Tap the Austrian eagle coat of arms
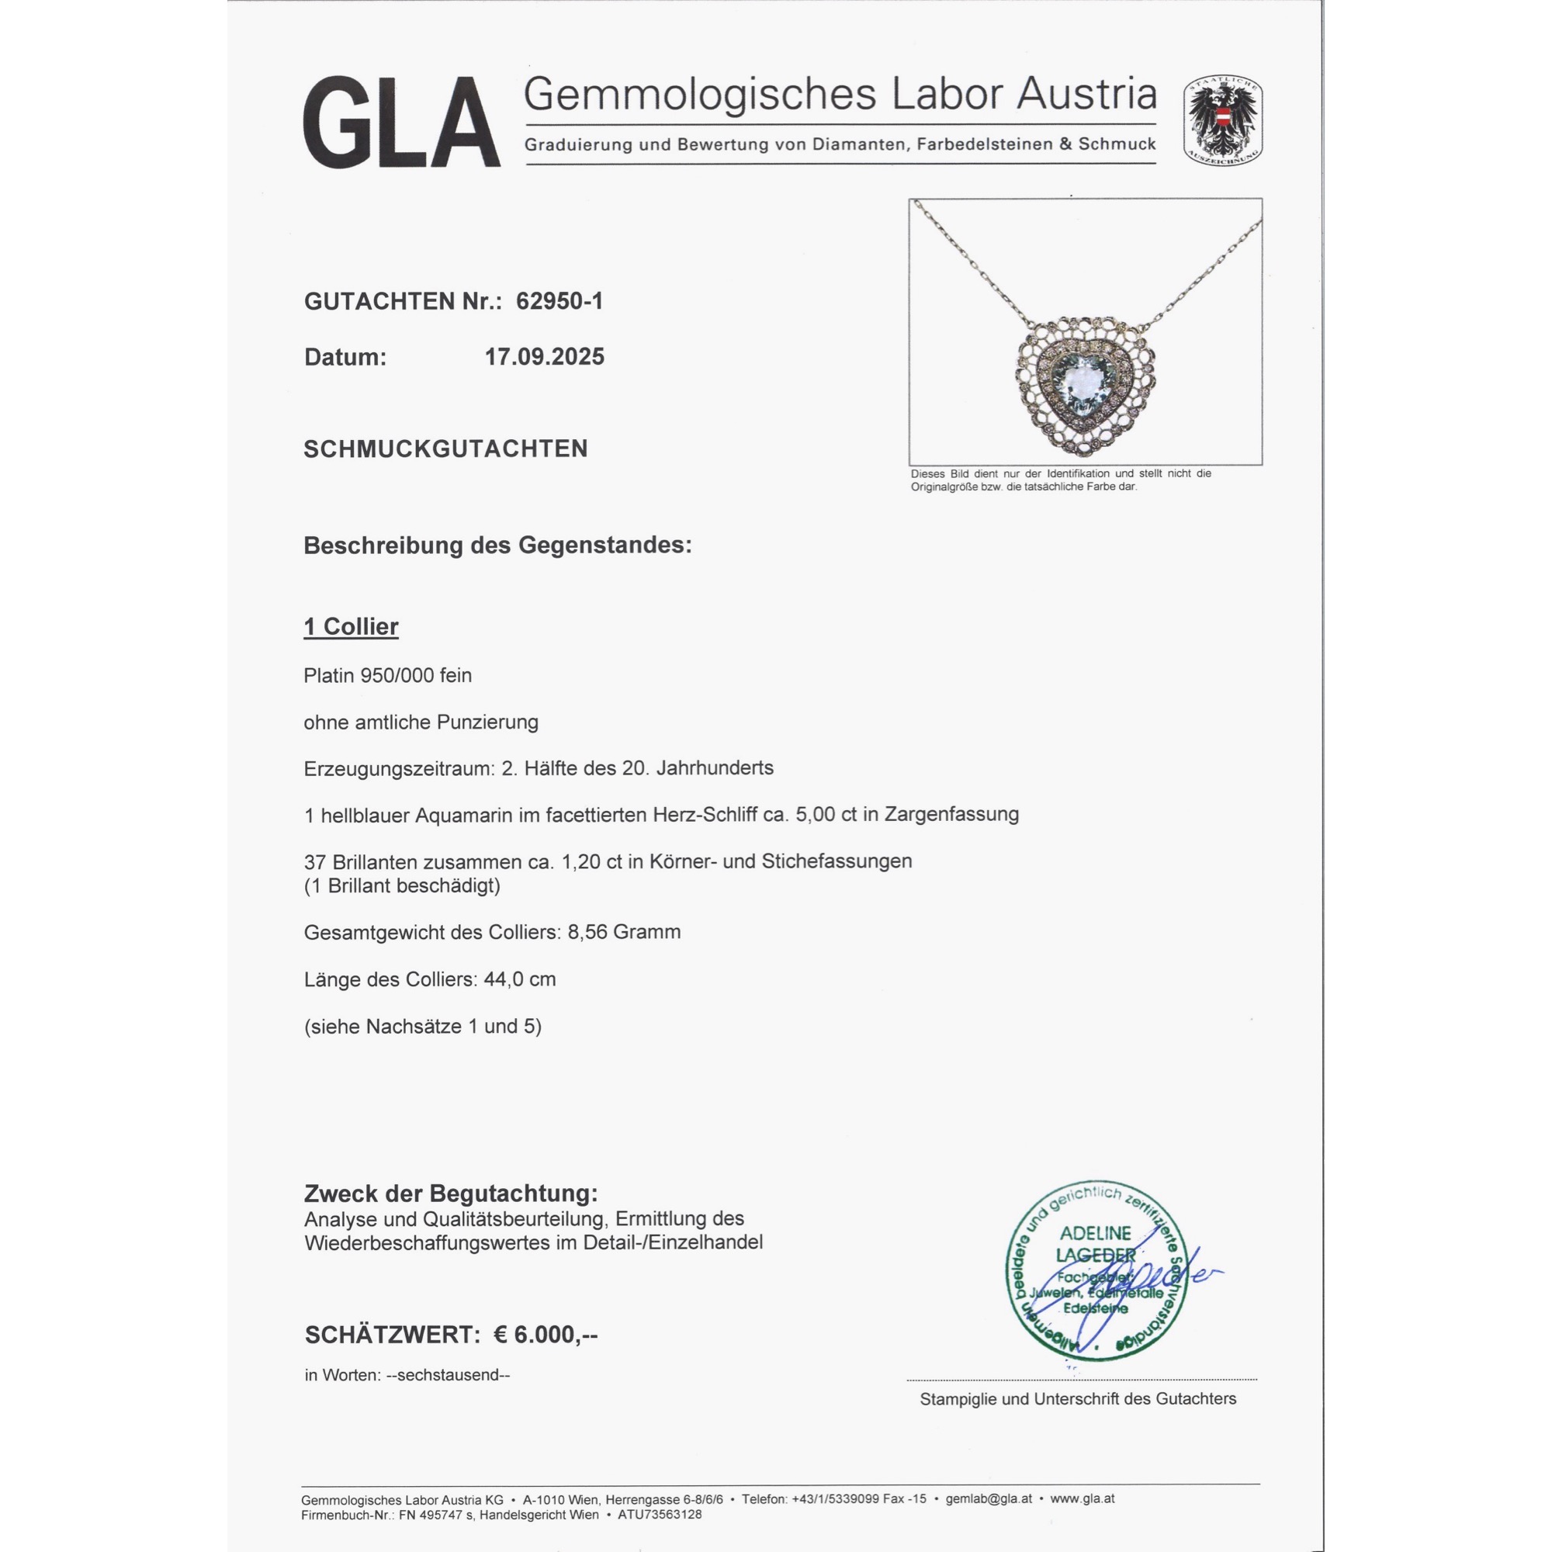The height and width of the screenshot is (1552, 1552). point(1222,120)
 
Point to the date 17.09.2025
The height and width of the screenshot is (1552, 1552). point(544,357)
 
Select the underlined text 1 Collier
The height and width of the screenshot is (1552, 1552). point(350,626)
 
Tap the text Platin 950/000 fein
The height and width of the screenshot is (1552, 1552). point(387,676)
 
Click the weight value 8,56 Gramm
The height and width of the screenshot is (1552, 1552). point(624,932)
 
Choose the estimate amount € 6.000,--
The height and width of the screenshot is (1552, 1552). point(545,1334)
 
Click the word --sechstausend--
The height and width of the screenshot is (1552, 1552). point(448,1374)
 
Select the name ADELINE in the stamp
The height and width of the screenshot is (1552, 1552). point(1095,1233)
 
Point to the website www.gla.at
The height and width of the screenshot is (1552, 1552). point(1082,1498)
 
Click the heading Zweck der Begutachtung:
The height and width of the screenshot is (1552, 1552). point(451,1193)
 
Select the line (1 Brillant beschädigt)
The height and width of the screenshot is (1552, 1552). point(402,885)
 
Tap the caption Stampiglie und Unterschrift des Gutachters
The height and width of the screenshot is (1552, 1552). point(1077,1398)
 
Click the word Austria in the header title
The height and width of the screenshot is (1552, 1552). point(1086,95)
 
